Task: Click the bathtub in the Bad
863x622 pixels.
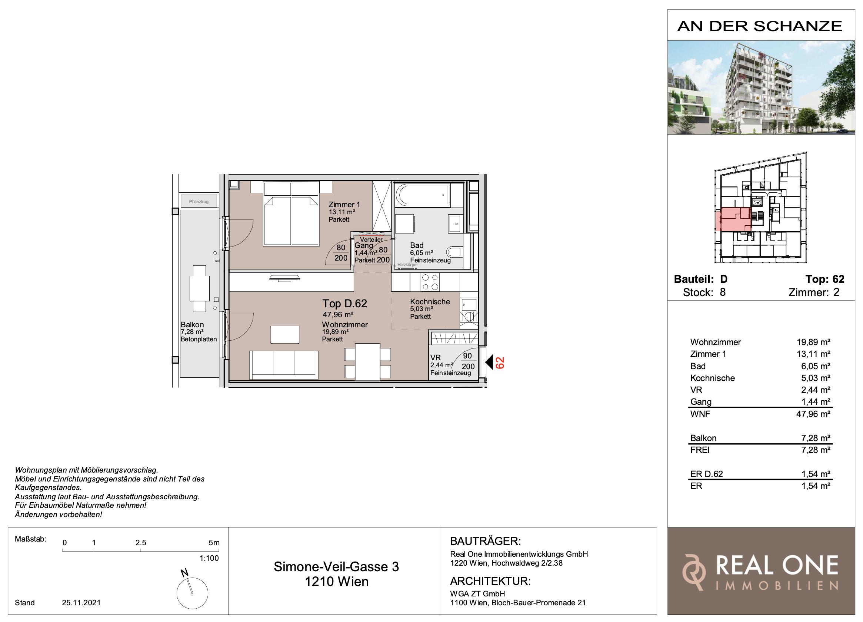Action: [422, 195]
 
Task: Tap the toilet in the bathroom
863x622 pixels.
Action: [454, 251]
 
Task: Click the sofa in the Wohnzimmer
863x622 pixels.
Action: [283, 365]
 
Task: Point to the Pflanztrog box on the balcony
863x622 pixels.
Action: [199, 202]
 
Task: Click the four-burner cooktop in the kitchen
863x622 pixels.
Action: [430, 282]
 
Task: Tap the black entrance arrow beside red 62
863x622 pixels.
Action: [489, 362]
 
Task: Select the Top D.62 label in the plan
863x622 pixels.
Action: [345, 304]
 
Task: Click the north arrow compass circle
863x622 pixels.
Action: [192, 593]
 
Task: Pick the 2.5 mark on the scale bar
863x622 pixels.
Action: [141, 543]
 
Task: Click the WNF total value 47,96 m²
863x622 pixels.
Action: [813, 414]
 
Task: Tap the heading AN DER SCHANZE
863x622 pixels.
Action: [760, 26]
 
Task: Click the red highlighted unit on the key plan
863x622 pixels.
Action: [733, 219]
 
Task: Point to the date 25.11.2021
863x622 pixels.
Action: [81, 603]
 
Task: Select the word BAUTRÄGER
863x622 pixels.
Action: [486, 541]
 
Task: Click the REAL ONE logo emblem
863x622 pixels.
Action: [694, 572]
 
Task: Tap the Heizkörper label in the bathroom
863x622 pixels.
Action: [407, 265]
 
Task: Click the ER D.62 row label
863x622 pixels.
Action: [707, 474]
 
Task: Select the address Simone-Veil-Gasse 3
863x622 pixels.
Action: [336, 567]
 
